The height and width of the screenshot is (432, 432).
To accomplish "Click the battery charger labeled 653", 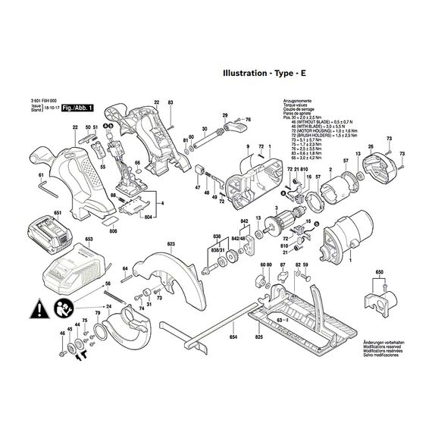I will click(x=74, y=267).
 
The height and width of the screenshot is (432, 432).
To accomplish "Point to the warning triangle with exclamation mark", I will click(x=36, y=308).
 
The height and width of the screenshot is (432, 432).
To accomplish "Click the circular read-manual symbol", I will click(x=61, y=308).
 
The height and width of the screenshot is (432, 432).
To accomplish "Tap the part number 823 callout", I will click(x=171, y=244).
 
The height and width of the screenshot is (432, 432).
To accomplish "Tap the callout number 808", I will click(x=112, y=230).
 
